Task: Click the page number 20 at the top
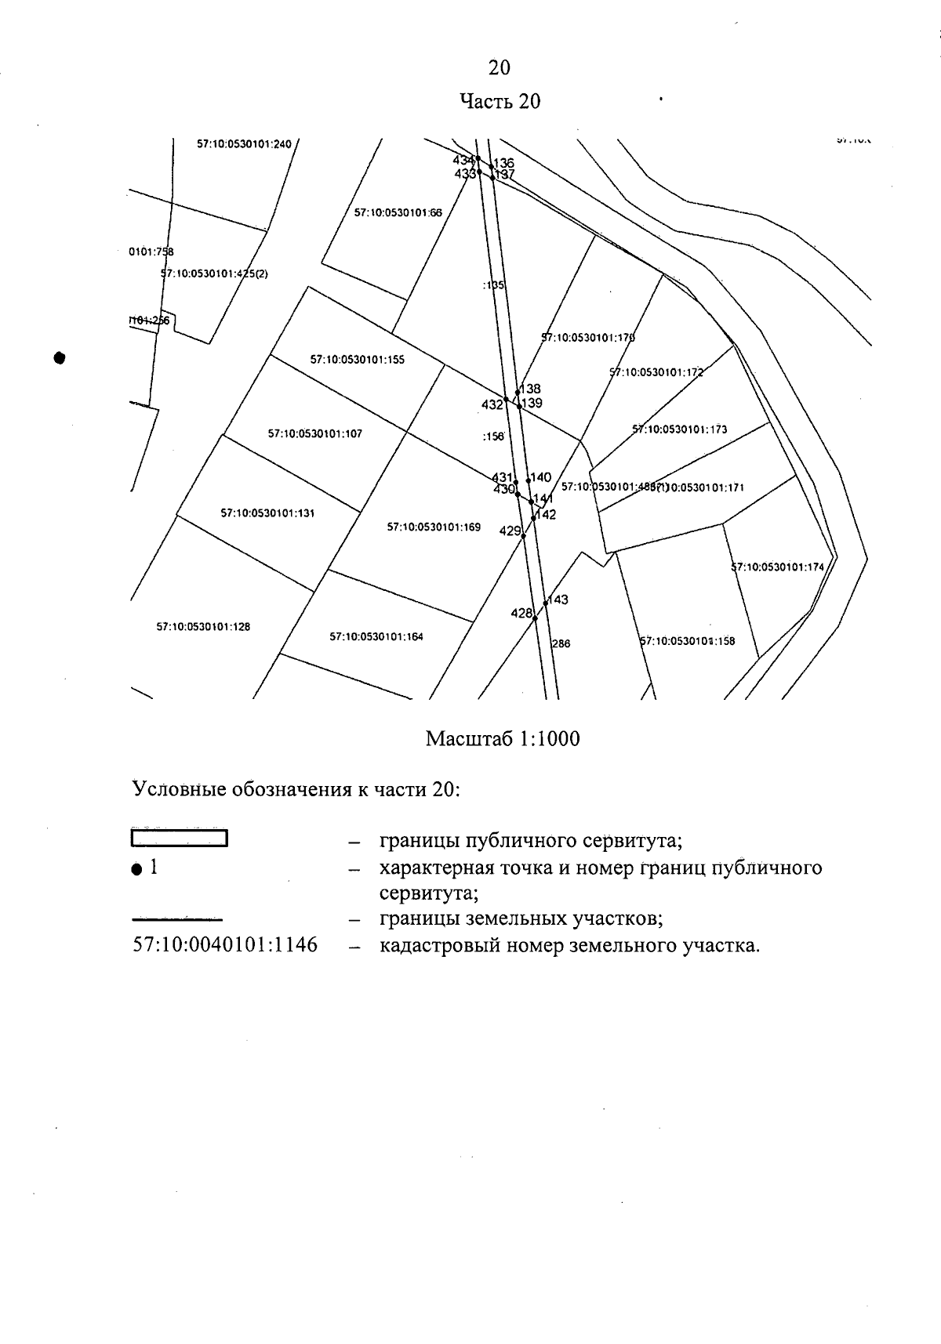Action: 500,68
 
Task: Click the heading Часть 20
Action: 500,102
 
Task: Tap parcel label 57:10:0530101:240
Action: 244,144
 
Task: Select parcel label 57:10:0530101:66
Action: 398,212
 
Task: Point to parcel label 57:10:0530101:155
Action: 358,360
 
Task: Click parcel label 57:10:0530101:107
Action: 315,433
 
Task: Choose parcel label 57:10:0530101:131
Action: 267,513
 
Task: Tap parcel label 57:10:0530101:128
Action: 203,627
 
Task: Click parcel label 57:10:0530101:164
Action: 376,637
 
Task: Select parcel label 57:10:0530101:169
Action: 434,527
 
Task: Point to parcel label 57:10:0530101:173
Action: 680,429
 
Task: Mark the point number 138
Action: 531,389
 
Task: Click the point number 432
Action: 492,404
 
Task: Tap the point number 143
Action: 558,600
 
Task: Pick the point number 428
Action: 521,613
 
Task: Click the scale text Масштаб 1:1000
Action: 503,739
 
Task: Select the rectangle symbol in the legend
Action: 179,839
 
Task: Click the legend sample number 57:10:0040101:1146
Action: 226,945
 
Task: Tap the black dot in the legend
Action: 136,869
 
